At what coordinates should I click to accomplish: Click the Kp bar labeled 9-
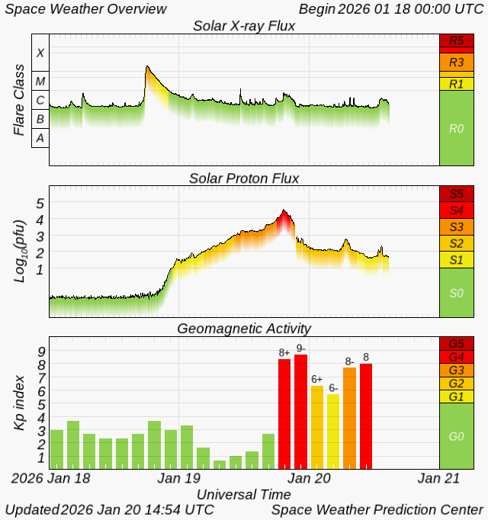[x=301, y=412]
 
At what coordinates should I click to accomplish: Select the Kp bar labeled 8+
[x=284, y=414]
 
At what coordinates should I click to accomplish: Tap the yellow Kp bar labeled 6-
[x=333, y=432]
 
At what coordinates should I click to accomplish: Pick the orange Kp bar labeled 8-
[x=350, y=418]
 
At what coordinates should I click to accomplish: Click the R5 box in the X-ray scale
[x=457, y=40]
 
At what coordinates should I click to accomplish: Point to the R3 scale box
[x=457, y=63]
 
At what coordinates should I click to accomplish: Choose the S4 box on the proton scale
[x=457, y=210]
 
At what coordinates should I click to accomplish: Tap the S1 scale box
[x=457, y=260]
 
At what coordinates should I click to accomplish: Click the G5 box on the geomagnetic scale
[x=457, y=344]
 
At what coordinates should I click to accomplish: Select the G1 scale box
[x=457, y=396]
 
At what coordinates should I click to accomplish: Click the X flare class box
[x=40, y=53]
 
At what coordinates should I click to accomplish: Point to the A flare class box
[x=40, y=138]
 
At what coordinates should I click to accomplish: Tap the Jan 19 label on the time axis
[x=179, y=478]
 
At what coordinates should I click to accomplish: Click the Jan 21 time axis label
[x=438, y=478]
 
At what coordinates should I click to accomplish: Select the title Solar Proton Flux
[x=244, y=178]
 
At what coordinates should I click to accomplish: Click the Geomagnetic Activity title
[x=244, y=329]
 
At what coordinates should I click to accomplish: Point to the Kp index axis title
[x=20, y=403]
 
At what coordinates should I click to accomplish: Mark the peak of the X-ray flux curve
[x=147, y=66]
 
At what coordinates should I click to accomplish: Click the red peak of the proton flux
[x=284, y=210]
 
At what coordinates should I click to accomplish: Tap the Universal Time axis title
[x=244, y=495]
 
